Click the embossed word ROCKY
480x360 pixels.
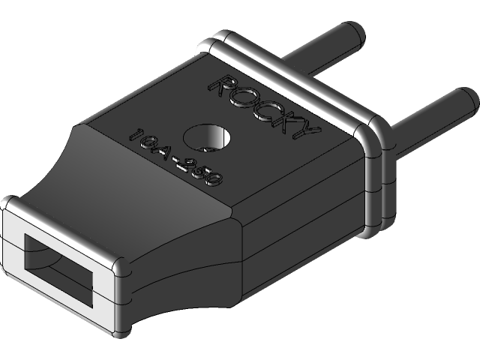click(x=262, y=105)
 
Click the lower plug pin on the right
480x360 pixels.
click(x=427, y=116)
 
